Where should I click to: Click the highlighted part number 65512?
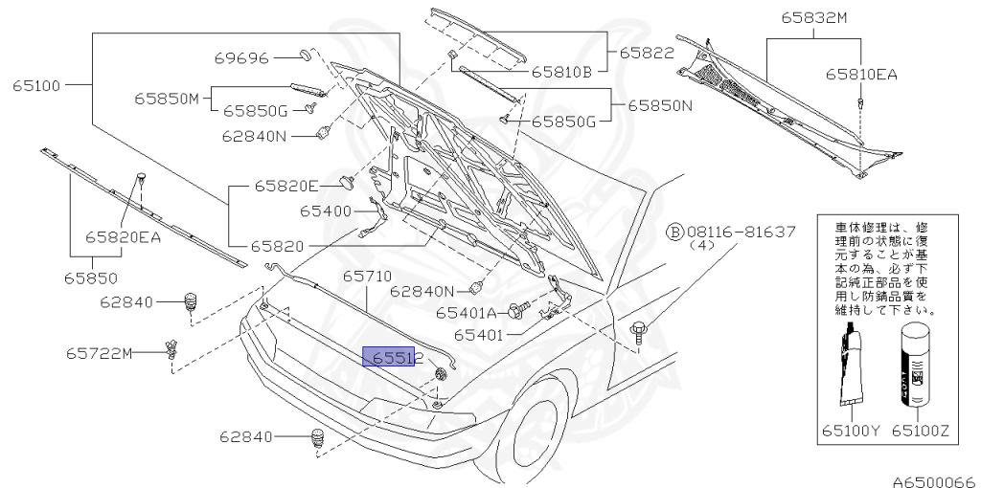click(388, 357)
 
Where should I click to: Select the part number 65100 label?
click(36, 85)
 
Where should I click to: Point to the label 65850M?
click(166, 98)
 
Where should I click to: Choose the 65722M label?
click(99, 353)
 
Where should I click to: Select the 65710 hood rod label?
click(368, 276)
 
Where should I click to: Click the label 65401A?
click(467, 312)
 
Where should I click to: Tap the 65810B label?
click(562, 70)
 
